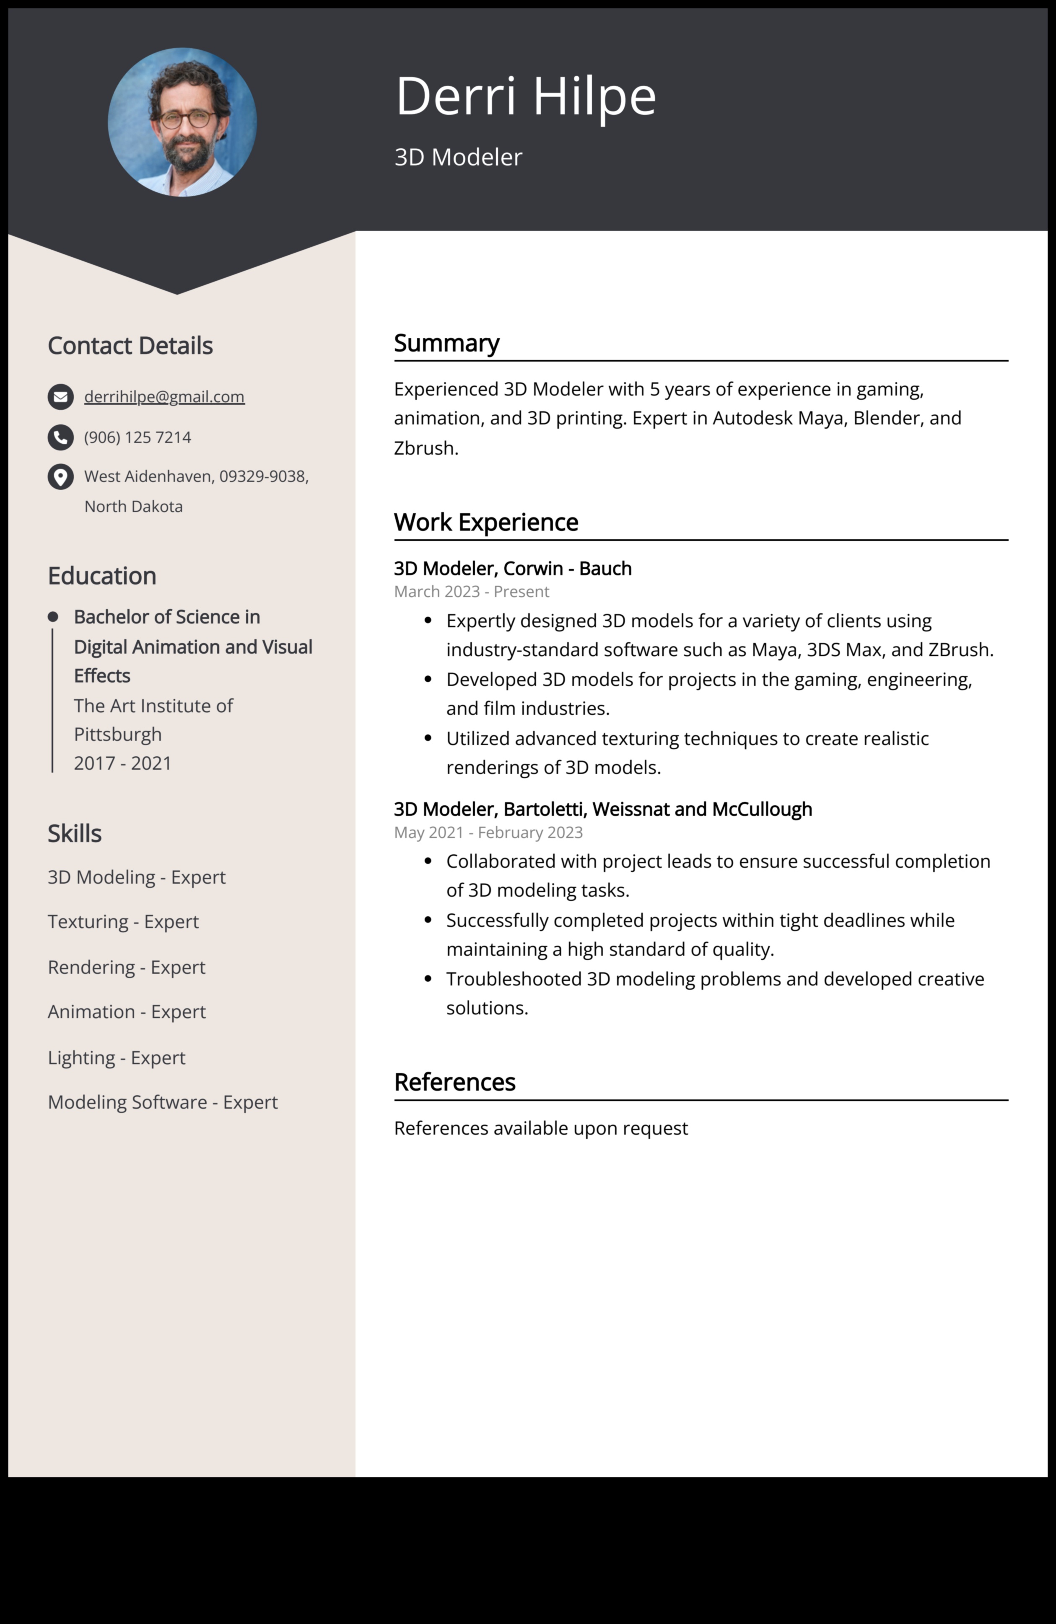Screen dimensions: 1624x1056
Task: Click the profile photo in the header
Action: pyautogui.click(x=182, y=122)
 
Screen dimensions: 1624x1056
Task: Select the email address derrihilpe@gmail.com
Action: pyautogui.click(x=164, y=396)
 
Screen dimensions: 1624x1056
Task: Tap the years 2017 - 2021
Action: pyautogui.click(x=122, y=763)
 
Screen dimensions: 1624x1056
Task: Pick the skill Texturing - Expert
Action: pyautogui.click(x=123, y=922)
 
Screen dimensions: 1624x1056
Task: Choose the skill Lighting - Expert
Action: pyautogui.click(x=116, y=1058)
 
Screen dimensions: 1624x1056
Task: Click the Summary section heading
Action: pyautogui.click(x=446, y=343)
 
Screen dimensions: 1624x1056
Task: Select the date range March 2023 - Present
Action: pyautogui.click(x=471, y=592)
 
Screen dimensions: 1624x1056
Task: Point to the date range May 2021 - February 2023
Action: pyautogui.click(x=488, y=833)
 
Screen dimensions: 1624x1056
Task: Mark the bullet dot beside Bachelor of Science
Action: pyautogui.click(x=52, y=617)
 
